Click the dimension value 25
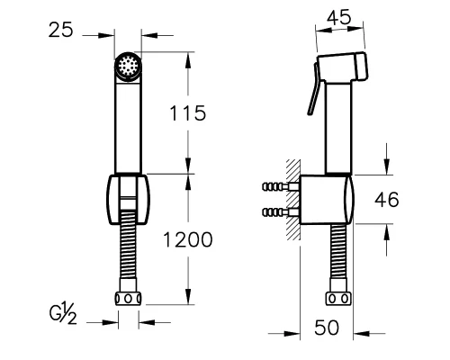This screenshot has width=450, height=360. [61, 30]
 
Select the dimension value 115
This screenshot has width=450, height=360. [188, 113]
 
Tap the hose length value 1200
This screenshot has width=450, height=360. [188, 239]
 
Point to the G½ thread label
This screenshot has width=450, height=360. [63, 313]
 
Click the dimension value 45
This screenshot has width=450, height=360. [339, 17]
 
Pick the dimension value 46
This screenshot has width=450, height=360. [387, 200]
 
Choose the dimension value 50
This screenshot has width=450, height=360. [327, 328]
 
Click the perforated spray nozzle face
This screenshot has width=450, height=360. [128, 66]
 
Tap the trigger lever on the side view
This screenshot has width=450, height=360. [314, 89]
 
